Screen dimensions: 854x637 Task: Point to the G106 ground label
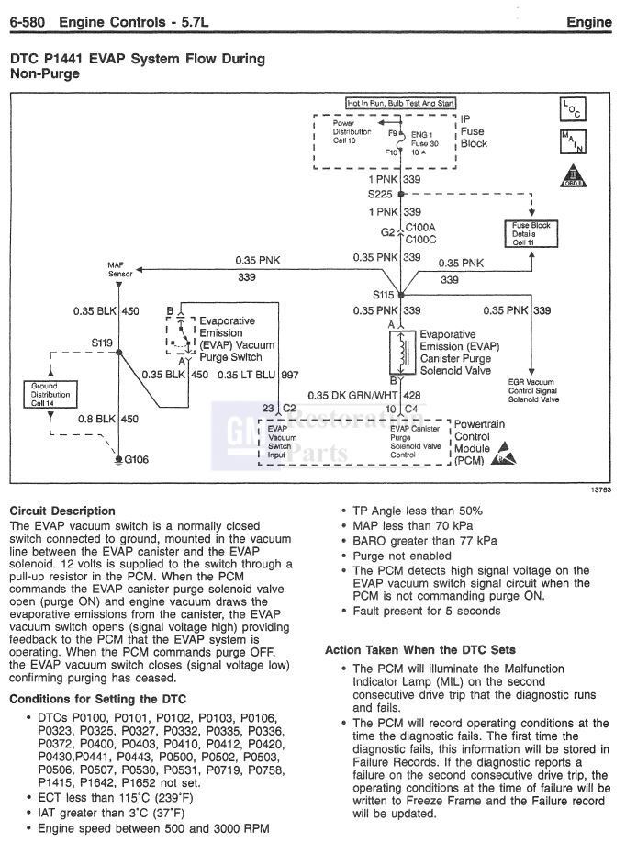click(138, 458)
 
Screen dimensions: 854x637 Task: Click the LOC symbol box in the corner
click(571, 109)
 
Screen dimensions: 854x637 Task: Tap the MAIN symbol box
click(571, 142)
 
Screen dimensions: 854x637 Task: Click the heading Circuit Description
click(61, 511)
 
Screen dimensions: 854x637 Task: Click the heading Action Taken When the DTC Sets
click(419, 650)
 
